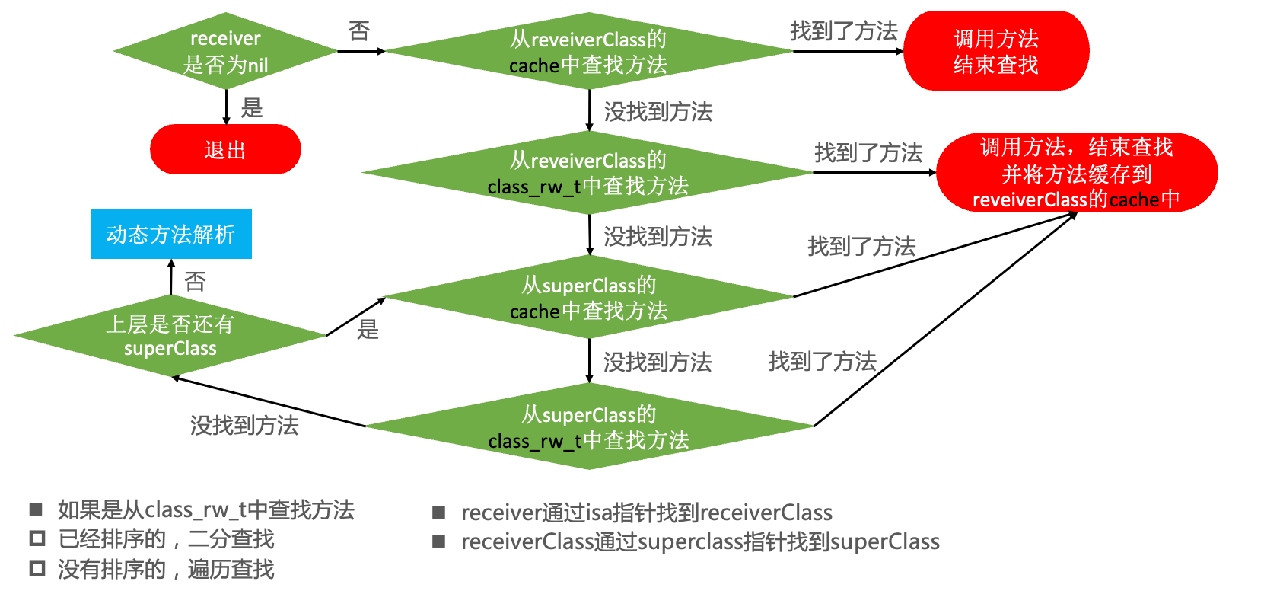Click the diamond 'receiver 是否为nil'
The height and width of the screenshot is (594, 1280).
[225, 51]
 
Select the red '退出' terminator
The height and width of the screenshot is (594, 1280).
[225, 149]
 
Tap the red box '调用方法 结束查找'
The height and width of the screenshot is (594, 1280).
[995, 51]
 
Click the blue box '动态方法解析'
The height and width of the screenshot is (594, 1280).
[170, 234]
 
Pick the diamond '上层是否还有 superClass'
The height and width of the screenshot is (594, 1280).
[170, 336]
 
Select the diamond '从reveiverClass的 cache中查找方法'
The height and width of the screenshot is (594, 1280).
[588, 51]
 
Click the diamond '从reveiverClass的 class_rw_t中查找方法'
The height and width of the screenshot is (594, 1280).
[587, 173]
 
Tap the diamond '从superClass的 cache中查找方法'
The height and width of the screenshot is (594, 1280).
[588, 298]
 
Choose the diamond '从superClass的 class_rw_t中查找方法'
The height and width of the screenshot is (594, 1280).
[588, 426]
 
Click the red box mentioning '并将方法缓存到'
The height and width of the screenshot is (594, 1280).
[1076, 173]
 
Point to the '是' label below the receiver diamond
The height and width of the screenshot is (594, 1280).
[252, 108]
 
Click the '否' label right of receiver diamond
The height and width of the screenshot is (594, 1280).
[359, 31]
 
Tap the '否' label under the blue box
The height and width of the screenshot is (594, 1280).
[196, 282]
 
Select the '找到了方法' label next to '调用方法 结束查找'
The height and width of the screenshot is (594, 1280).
[844, 31]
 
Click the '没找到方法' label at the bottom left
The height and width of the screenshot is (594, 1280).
[244, 425]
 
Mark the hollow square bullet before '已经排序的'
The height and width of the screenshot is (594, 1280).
[37, 538]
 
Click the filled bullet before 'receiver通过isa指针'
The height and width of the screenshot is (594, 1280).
[439, 513]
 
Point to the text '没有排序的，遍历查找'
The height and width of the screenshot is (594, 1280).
[166, 569]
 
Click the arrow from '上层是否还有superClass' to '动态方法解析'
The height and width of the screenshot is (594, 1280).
[171, 277]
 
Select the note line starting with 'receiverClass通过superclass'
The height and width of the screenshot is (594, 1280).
[700, 541]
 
